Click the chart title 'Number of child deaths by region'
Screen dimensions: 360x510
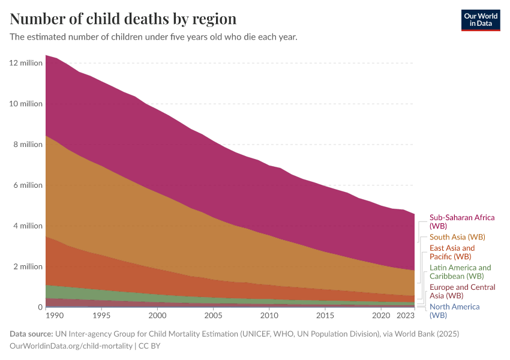pos(123,19)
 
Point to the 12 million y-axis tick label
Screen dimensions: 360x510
pos(26,63)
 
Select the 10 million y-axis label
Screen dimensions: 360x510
pos(26,104)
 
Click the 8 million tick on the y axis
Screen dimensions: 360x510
pos(28,145)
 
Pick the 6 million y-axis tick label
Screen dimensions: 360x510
pos(28,185)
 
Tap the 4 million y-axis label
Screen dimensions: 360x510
pos(28,226)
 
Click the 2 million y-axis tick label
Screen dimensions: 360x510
pos(28,267)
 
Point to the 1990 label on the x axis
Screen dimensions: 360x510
pos(54,315)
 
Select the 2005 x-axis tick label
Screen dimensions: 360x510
pos(213,315)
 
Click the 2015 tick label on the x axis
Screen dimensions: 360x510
pos(325,315)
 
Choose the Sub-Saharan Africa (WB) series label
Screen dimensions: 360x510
pos(462,222)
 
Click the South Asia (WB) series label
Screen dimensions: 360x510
pos(457,237)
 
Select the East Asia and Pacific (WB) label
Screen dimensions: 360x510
pos(452,252)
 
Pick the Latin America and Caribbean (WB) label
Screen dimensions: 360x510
pos(460,272)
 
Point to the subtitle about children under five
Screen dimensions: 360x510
pos(154,37)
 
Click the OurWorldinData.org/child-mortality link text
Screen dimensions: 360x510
pos(71,346)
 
